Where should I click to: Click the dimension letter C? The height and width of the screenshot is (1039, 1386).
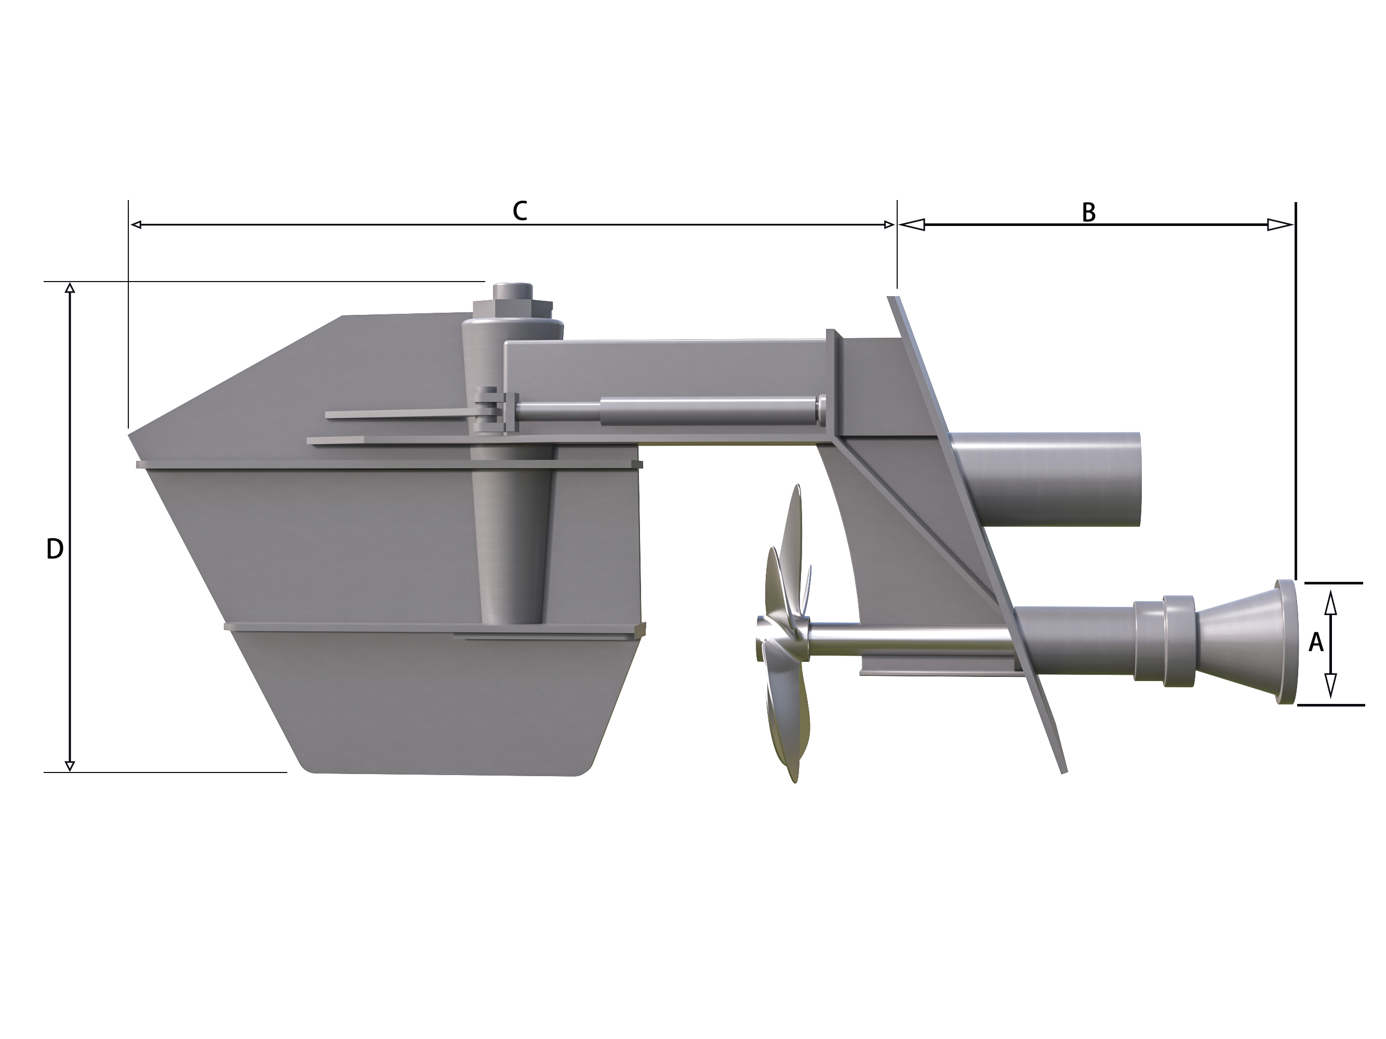(519, 211)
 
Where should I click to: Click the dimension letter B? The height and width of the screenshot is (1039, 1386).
(1088, 213)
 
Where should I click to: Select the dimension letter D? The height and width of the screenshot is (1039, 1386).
(55, 550)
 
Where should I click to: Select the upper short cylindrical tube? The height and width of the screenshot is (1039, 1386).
(1046, 479)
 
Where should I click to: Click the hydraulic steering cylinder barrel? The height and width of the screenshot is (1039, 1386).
(708, 411)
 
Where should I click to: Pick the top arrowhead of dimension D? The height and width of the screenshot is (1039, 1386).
(70, 288)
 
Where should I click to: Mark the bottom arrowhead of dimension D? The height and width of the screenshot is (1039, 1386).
(70, 766)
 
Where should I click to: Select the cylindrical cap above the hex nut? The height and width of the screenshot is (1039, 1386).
(513, 291)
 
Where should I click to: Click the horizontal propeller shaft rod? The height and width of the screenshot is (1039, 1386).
(909, 638)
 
